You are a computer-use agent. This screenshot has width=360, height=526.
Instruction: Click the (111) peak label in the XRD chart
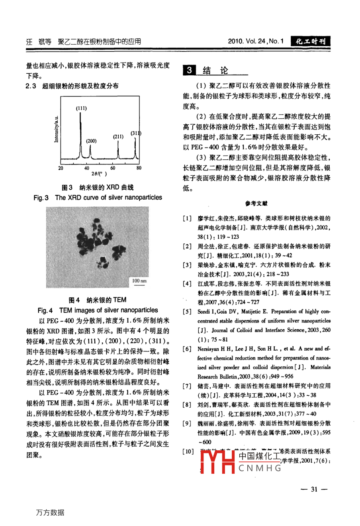pyautogui.click(x=82, y=108)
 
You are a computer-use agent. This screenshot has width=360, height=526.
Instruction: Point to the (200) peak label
pyautogui.click(x=91, y=141)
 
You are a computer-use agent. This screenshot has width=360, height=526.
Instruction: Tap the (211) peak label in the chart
pyautogui.click(x=118, y=136)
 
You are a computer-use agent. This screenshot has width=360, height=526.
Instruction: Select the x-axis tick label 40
pyautogui.click(x=87, y=168)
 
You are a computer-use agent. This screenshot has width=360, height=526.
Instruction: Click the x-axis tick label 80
pyautogui.click(x=139, y=168)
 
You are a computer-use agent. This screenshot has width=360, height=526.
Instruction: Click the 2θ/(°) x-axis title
pyautogui.click(x=99, y=174)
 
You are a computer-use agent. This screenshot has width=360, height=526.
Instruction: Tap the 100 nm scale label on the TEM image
pyautogui.click(x=139, y=281)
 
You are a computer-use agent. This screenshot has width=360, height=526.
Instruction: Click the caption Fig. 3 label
pyautogui.click(x=41, y=198)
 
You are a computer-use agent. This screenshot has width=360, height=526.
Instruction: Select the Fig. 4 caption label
pyautogui.click(x=45, y=310)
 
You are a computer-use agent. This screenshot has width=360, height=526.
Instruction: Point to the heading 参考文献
pyautogui.click(x=256, y=204)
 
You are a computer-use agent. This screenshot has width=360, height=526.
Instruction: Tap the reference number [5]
pyautogui.click(x=187, y=312)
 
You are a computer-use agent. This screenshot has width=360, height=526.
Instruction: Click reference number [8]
pyautogui.click(x=187, y=405)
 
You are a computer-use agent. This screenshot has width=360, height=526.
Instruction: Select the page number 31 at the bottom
pyautogui.click(x=314, y=489)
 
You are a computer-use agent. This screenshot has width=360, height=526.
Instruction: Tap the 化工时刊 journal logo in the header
pyautogui.click(x=311, y=41)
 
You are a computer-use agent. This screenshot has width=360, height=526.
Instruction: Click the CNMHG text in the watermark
pyautogui.click(x=260, y=468)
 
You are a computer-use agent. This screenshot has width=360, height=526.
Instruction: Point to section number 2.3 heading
pyautogui.click(x=31, y=86)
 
